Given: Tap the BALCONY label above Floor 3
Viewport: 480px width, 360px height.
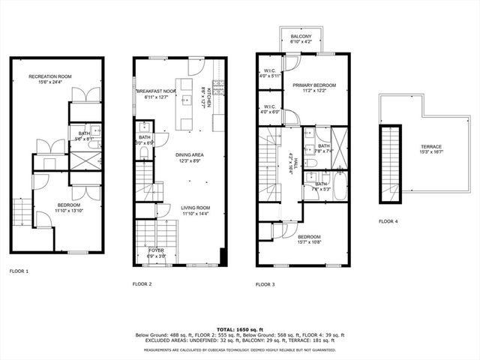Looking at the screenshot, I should point(301,36).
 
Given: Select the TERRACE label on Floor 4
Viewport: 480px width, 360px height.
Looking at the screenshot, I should point(430,146).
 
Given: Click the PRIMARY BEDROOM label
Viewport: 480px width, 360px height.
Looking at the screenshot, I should point(314,85).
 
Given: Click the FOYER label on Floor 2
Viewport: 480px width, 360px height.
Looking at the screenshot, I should point(155,250).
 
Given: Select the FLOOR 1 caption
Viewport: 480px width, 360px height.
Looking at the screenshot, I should point(19,271).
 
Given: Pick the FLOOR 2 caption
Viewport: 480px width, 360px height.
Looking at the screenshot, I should point(142,284).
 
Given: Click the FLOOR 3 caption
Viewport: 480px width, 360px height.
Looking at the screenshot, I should point(265,284).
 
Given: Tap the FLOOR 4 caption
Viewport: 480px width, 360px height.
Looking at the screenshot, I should point(388,221).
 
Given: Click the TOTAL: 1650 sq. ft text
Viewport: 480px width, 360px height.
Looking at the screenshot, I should point(240,329).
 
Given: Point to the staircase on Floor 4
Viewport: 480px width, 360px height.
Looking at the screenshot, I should point(391,163).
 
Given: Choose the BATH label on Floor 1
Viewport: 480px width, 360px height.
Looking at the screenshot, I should point(84,133).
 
